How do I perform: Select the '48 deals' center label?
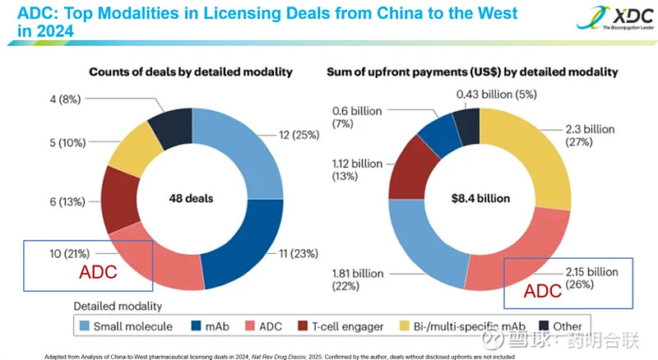pyautogui.click(x=191, y=198)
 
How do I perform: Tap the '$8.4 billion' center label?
pyautogui.click(x=480, y=198)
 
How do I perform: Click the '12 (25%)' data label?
pyautogui.click(x=298, y=134)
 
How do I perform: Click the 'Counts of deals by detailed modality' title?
pyautogui.click(x=190, y=72)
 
